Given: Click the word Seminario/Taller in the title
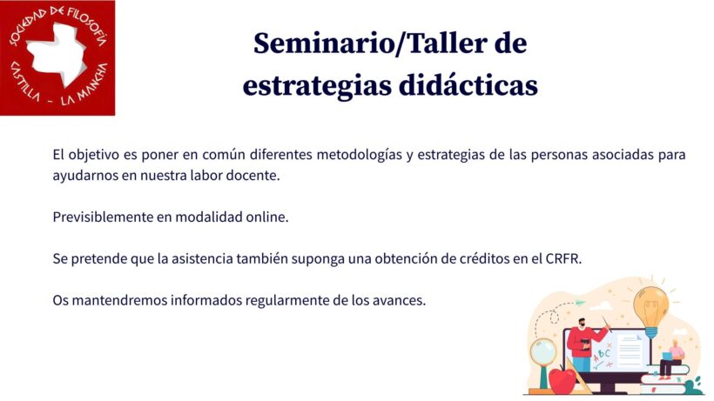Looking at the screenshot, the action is point(363,43).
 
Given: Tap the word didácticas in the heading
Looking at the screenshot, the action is point(468,85).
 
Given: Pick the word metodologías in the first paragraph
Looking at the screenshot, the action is point(360,155).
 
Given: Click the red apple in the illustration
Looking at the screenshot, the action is point(562,379).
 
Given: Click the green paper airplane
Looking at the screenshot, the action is point(578,303).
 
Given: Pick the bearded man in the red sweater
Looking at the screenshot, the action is point(584,345).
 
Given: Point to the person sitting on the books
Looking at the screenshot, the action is point(671,359).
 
